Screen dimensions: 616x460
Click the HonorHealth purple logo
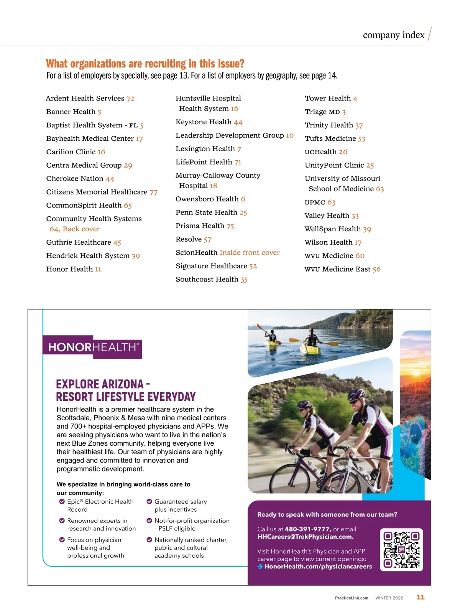click(92, 348)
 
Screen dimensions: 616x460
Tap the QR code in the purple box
click(401, 550)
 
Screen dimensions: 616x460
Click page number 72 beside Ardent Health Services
click(130, 99)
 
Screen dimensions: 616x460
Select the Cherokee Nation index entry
click(80, 179)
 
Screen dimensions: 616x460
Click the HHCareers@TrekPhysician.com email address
click(305, 537)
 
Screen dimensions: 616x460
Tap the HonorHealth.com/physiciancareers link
click(318, 567)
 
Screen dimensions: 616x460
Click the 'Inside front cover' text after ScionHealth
click(250, 252)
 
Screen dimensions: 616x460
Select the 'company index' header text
click(393, 35)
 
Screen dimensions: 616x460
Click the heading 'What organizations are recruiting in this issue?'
click(145, 64)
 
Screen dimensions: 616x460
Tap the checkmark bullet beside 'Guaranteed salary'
click(149, 501)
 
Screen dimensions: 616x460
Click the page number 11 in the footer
click(421, 597)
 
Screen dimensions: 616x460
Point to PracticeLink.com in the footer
click(352, 598)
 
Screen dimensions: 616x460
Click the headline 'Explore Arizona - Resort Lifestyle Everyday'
click(126, 390)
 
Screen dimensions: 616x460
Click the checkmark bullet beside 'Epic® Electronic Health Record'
click(62, 502)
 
